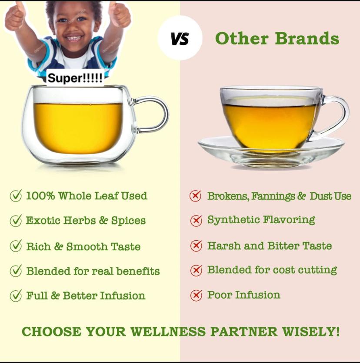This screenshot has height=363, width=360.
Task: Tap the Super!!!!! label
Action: pyautogui.click(x=75, y=78)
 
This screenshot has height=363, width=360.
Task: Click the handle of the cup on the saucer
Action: pyautogui.click(x=335, y=114)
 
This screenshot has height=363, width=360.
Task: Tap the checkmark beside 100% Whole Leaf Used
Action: pyautogui.click(x=16, y=196)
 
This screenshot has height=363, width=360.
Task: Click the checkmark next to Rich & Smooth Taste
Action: pyautogui.click(x=16, y=246)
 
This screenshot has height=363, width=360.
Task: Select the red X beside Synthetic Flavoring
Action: pyautogui.click(x=196, y=221)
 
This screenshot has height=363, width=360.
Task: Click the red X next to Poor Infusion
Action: pyautogui.click(x=196, y=296)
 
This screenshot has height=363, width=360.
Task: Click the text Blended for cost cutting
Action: pyautogui.click(x=272, y=270)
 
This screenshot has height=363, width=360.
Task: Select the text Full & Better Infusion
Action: pyautogui.click(x=86, y=296)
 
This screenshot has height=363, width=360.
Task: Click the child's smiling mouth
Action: pyautogui.click(x=75, y=38)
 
